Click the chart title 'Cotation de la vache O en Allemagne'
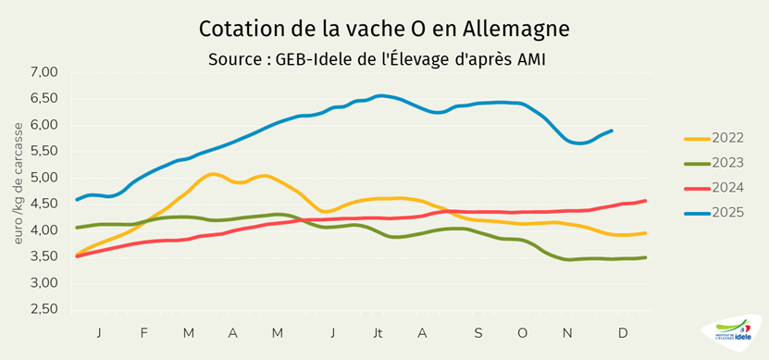[384, 29]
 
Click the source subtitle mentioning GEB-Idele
[384, 59]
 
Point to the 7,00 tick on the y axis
[43, 72]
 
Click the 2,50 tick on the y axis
[43, 310]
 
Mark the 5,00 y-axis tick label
[43, 178]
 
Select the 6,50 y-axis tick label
[43, 98]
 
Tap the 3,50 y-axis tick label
[43, 257]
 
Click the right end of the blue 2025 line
[612, 130]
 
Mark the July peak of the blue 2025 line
[379, 95]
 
